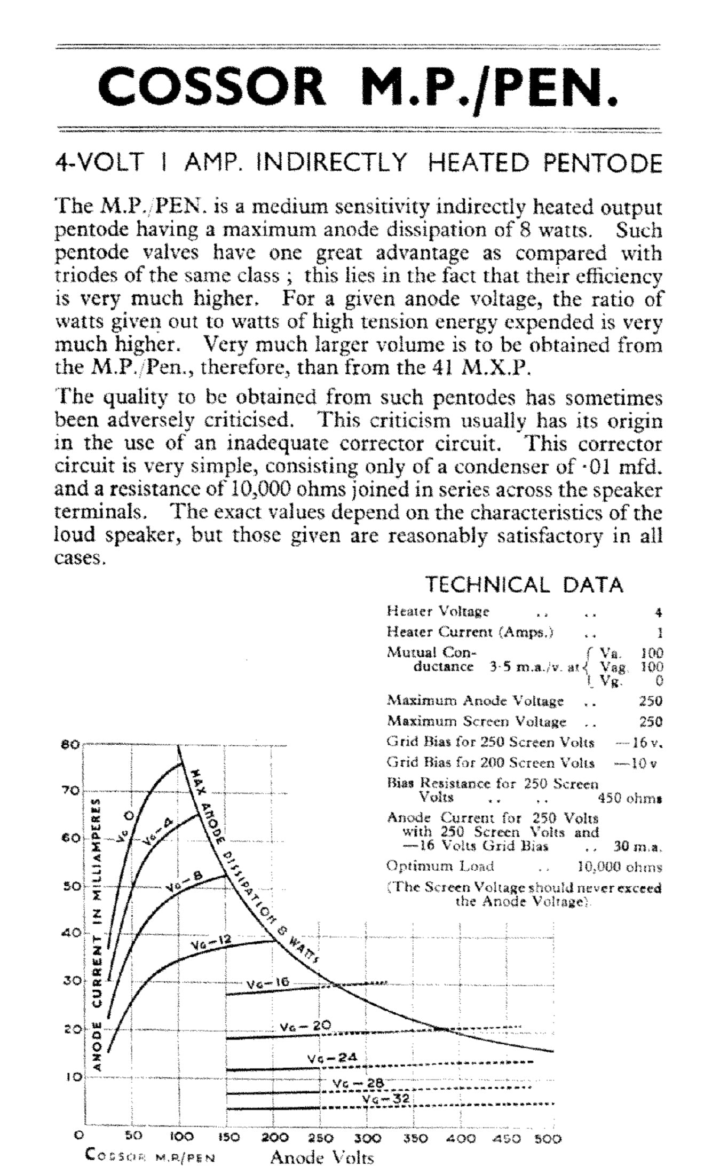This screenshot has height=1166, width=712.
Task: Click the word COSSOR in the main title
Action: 211,89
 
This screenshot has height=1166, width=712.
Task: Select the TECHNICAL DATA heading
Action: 524,585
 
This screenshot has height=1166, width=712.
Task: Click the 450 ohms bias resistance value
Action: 630,798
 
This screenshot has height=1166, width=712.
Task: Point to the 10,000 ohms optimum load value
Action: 620,866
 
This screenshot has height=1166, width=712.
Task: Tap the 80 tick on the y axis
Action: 73,744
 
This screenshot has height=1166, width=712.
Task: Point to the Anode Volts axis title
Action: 322,1157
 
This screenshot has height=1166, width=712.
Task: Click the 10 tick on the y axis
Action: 73,1076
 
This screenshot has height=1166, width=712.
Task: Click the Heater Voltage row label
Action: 438,611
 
